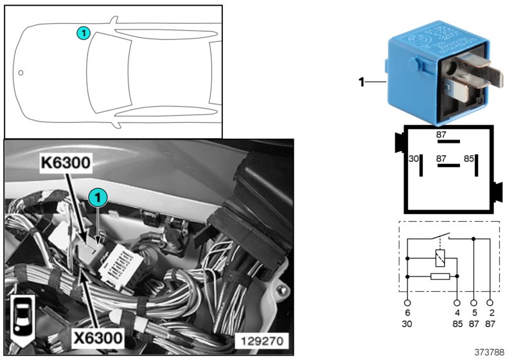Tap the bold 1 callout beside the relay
[361, 82]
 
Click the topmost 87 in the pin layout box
[441, 135]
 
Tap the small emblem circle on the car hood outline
[21, 73]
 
